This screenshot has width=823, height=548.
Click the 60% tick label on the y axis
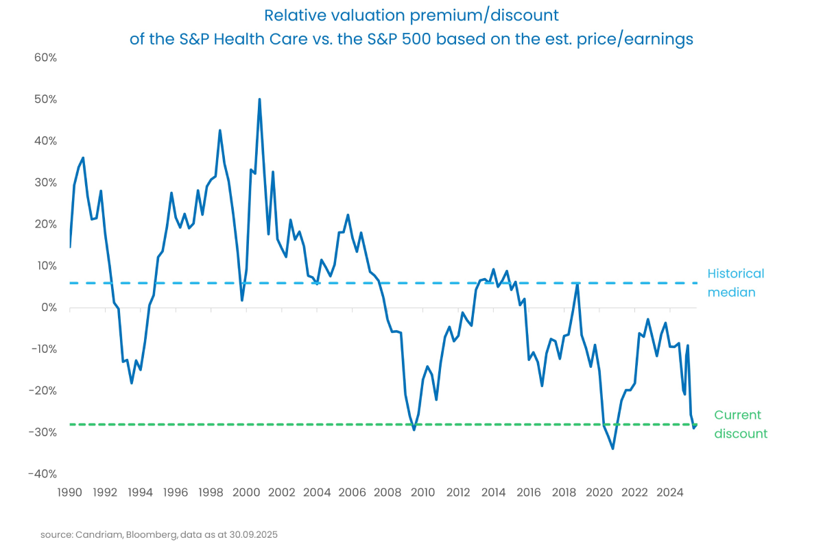(x=45, y=58)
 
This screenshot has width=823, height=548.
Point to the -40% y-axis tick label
(x=43, y=474)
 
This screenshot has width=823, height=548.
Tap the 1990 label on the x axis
(x=69, y=492)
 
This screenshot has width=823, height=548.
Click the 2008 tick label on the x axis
(x=387, y=492)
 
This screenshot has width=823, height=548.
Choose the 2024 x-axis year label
(x=670, y=492)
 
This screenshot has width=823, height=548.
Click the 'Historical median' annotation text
(x=735, y=283)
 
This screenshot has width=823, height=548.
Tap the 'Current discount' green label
(x=740, y=424)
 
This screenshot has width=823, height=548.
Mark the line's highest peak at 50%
(x=259, y=99)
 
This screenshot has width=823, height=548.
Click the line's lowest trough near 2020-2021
(x=612, y=449)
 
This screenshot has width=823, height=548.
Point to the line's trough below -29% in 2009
(x=414, y=429)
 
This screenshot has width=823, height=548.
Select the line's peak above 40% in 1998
(x=219, y=130)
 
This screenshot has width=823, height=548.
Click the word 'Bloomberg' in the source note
(x=141, y=534)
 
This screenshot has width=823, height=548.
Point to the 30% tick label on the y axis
(x=45, y=183)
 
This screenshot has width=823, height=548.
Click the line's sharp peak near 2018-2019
(x=577, y=284)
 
